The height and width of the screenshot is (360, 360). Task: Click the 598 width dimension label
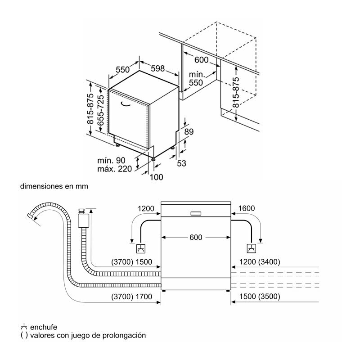tap(157, 68)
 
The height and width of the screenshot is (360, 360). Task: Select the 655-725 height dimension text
tap(101, 110)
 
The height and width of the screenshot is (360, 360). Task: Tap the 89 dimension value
tap(189, 132)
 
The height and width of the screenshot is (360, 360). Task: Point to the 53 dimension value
tap(181, 163)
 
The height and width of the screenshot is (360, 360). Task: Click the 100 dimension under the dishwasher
tap(156, 177)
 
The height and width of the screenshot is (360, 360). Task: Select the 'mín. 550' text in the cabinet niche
tap(197, 79)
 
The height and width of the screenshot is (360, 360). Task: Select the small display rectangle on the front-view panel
tap(196, 213)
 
